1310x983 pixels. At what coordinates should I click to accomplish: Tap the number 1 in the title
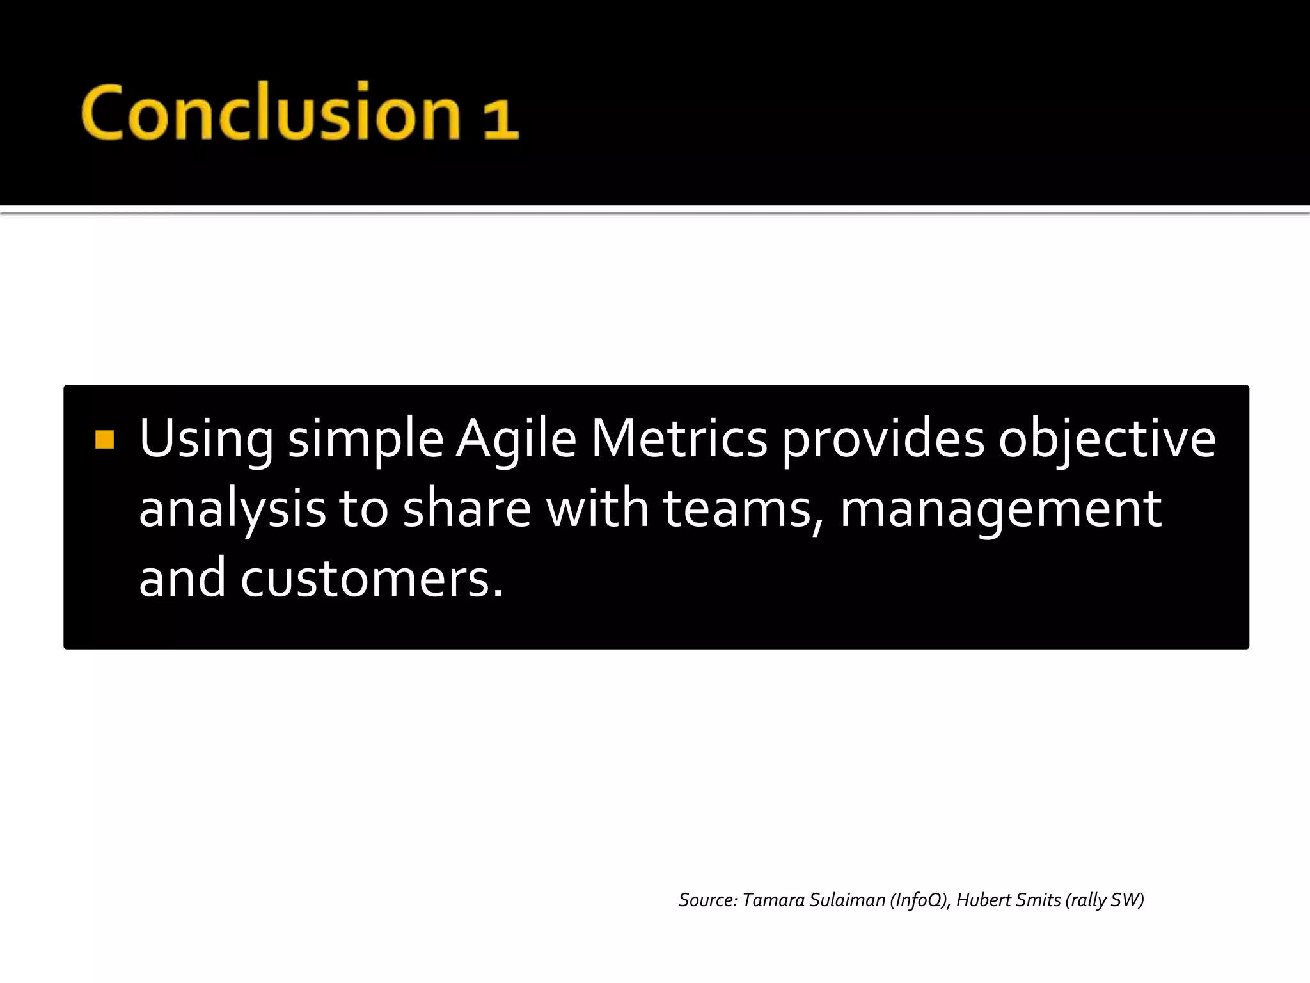500,119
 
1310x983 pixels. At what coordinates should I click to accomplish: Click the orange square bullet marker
104,440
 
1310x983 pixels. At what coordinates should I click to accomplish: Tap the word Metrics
679,439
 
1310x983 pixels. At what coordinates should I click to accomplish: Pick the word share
467,509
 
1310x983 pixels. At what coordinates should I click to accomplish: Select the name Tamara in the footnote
773,900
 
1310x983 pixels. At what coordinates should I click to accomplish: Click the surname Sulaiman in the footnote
847,900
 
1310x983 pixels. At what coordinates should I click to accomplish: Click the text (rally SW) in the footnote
1105,900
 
